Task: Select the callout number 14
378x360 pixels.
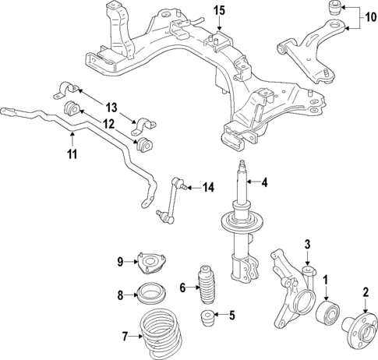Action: (207, 187)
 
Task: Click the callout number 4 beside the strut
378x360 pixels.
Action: (264, 183)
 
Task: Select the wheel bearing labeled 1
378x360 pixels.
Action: (327, 312)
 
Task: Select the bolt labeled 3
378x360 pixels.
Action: (309, 273)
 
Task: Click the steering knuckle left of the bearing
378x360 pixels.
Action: (288, 292)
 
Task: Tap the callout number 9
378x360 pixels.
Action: (121, 262)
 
